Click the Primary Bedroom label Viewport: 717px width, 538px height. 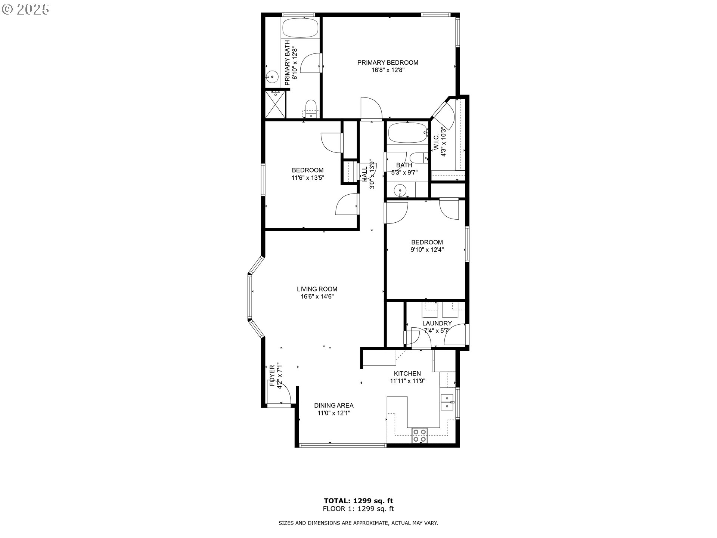(x=388, y=63)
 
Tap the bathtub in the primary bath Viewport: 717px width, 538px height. (x=300, y=28)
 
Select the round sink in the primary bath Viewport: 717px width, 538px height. (x=273, y=77)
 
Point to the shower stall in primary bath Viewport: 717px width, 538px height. (x=276, y=104)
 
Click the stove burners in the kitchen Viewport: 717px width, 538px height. (x=419, y=436)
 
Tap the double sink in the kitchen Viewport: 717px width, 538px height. (x=447, y=402)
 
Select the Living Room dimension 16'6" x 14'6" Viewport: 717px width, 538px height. (x=317, y=297)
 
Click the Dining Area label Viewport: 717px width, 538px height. (x=333, y=405)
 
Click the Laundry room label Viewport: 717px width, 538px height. (x=437, y=323)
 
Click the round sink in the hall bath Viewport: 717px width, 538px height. (x=400, y=191)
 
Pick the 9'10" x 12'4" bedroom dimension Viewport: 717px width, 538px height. (x=427, y=250)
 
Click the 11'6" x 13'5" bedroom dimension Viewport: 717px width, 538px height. (x=308, y=178)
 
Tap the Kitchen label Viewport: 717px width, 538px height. (x=407, y=374)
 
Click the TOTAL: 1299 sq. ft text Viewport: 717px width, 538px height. (x=358, y=501)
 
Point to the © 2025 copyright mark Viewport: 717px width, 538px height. (x=25, y=10)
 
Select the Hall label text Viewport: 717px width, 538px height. (x=364, y=174)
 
